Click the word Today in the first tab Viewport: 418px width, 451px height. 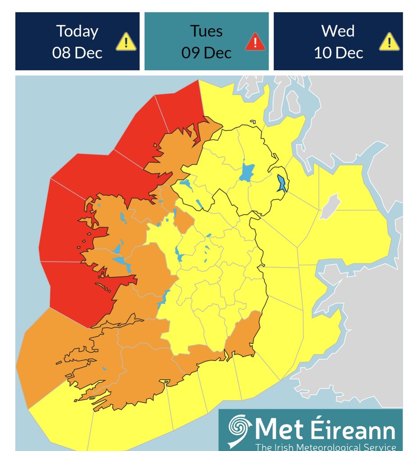[77, 31]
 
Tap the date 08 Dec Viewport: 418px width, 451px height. [77, 53]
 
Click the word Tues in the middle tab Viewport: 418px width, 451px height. [206, 31]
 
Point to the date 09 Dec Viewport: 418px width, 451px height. [206, 53]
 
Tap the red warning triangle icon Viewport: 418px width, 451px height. [255, 42]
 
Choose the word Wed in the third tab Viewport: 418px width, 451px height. [338, 31]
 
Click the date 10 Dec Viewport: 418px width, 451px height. [338, 53]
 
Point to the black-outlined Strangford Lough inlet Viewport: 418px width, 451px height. [282, 183]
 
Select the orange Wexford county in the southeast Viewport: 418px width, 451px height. [243, 336]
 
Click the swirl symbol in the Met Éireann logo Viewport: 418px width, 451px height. [240, 429]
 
